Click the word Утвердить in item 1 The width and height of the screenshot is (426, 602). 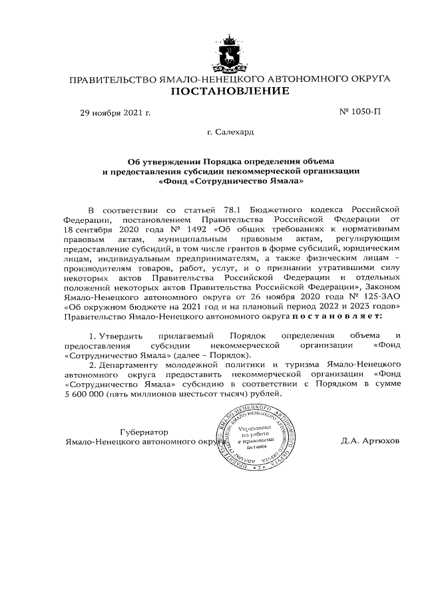pos(123,336)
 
